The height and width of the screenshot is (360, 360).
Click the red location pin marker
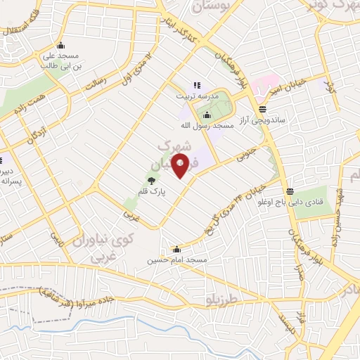coord(180,165)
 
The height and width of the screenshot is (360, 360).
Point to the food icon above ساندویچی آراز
coord(262,109)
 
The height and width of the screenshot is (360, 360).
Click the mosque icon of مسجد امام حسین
coord(176,249)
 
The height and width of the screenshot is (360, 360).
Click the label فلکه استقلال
coord(21,25)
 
